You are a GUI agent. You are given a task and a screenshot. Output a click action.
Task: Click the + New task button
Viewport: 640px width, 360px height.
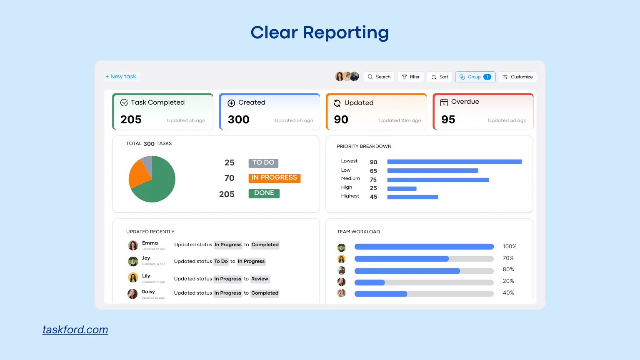[x=121, y=77]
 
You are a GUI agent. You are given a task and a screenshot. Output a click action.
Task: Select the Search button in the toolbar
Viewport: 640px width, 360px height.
[x=379, y=77]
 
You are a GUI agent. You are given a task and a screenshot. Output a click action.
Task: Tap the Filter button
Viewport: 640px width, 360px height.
[x=410, y=77]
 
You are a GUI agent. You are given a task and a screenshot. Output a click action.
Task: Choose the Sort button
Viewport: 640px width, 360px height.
[x=440, y=77]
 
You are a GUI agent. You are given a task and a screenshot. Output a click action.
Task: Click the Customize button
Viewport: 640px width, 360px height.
[x=517, y=77]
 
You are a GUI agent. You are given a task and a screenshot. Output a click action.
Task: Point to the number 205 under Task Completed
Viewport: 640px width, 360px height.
[x=131, y=120]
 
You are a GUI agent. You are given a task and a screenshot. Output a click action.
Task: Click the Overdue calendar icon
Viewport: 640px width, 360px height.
[x=444, y=102]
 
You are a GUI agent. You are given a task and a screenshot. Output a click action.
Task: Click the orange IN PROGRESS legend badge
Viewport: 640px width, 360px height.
[x=274, y=178]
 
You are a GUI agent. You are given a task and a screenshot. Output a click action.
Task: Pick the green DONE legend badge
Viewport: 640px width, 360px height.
[x=264, y=193]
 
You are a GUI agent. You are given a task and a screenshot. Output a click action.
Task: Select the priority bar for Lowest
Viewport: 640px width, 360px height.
[x=454, y=162]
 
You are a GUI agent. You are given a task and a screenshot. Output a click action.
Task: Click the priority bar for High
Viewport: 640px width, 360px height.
[x=402, y=189]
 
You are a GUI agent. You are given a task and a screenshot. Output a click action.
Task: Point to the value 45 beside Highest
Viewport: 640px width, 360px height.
[x=373, y=197]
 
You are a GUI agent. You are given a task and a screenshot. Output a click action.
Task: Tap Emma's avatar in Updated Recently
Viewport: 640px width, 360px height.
[x=133, y=245]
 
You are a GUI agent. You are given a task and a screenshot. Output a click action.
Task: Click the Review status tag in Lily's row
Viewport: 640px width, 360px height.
[x=260, y=279]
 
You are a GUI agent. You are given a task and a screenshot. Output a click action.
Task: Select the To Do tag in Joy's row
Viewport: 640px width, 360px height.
[x=221, y=262]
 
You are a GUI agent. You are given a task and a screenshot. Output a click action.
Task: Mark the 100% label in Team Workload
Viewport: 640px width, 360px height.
[x=509, y=247]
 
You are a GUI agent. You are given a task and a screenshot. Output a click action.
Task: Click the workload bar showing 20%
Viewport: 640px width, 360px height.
[x=424, y=282]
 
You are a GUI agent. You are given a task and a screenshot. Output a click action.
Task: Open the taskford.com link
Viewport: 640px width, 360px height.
[x=75, y=330]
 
